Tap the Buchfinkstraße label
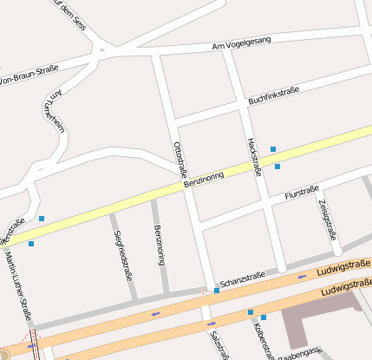tap(273, 95)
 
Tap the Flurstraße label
tap(302, 193)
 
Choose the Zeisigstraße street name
tap(327, 219)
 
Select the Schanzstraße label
tap(243, 279)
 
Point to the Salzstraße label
tap(217, 344)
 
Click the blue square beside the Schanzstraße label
tap(217, 290)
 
